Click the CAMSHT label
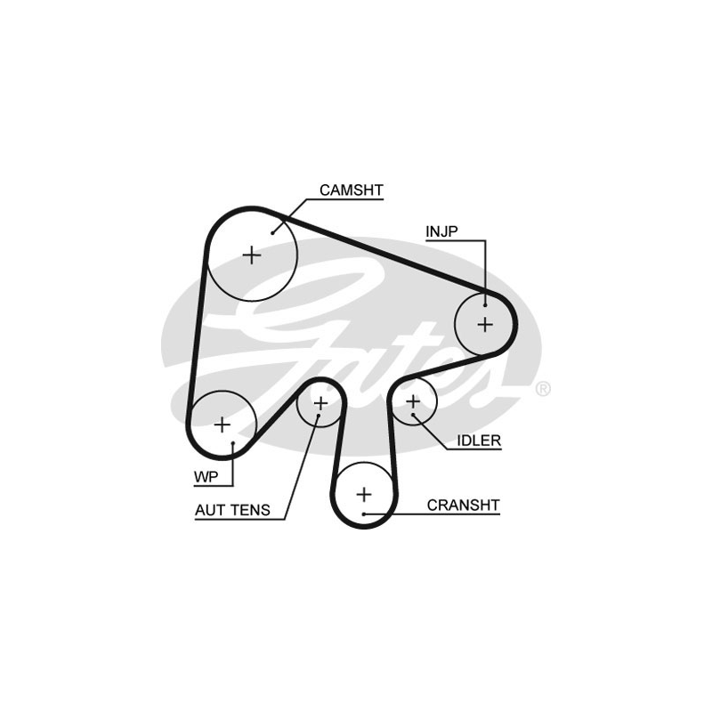(351, 190)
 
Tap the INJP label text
(441, 232)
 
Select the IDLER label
(479, 440)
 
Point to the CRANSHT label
(463, 506)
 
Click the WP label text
(206, 477)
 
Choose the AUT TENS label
(232, 511)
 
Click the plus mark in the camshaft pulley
(253, 255)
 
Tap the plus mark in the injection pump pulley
(485, 324)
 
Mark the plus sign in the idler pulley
(413, 403)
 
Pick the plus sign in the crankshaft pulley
(364, 493)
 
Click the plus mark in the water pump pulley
(222, 424)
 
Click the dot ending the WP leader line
(232, 444)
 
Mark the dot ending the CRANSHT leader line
(364, 514)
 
